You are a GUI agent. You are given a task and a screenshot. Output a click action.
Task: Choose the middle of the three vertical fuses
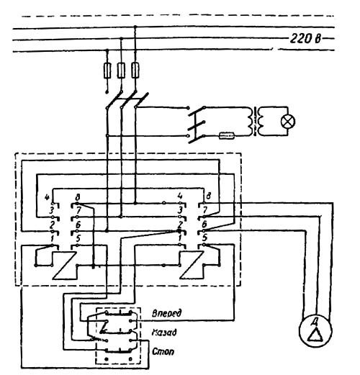coord(121,70)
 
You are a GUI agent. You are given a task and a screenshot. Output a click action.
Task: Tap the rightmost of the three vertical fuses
coord(134,70)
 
